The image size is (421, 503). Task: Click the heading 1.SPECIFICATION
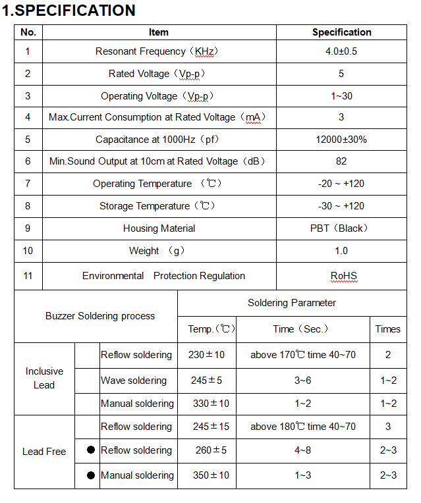pos(69,11)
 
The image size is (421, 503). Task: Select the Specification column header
pos(341,32)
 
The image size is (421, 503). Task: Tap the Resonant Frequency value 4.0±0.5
pos(341,51)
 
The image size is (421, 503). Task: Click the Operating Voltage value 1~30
pos(341,96)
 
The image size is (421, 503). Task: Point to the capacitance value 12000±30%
pos(341,140)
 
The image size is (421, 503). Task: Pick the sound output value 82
pos(341,161)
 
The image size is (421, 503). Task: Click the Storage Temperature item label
pos(158,206)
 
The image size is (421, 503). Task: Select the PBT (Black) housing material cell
pos(341,228)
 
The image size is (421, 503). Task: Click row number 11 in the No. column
pos(28,276)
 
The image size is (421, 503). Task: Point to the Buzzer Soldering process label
pos(100,316)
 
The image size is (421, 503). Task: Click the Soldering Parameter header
pos(292,303)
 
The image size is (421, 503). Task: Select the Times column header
pos(387,329)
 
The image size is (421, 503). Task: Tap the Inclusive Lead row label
pos(44,378)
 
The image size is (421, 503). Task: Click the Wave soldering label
pos(134,381)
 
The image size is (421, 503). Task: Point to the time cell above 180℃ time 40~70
pos(302,427)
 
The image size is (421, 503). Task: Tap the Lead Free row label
pos(44,452)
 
